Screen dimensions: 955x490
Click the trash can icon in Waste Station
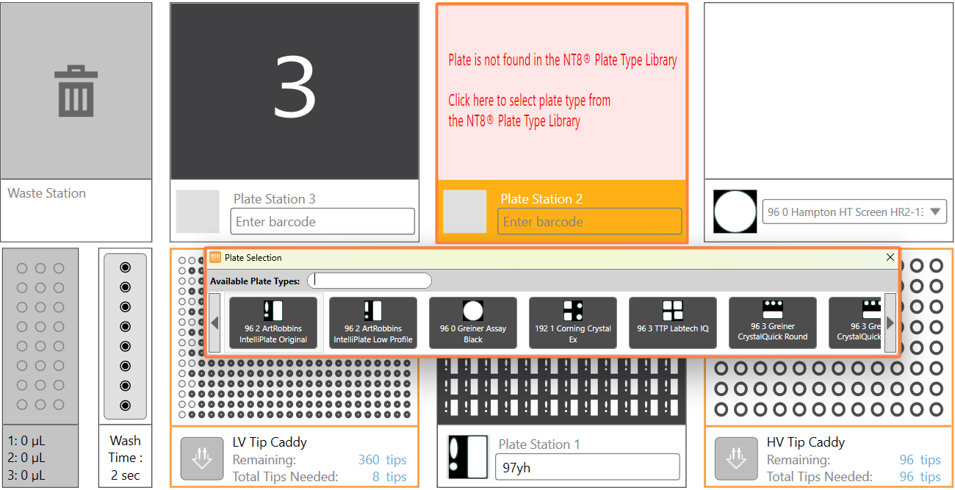pyautogui.click(x=76, y=91)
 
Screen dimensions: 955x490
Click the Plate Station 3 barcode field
pyautogui.click(x=322, y=221)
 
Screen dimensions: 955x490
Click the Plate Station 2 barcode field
pyautogui.click(x=589, y=221)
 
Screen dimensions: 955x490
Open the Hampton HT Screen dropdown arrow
pyautogui.click(x=935, y=212)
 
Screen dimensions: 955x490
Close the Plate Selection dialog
pyautogui.click(x=890, y=257)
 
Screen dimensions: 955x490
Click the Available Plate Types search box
pyautogui.click(x=370, y=281)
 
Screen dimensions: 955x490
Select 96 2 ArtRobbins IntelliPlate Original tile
pyautogui.click(x=273, y=323)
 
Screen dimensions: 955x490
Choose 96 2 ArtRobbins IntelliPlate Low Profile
pyautogui.click(x=373, y=323)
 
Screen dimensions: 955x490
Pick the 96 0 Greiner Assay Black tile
pyautogui.click(x=473, y=323)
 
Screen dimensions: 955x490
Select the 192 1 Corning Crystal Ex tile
pyautogui.click(x=573, y=323)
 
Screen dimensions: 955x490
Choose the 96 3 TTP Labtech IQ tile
pyautogui.click(x=673, y=323)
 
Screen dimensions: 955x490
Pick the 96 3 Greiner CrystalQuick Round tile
pyautogui.click(x=773, y=323)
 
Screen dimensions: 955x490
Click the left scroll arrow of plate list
pyautogui.click(x=215, y=323)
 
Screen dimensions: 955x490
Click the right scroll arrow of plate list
pyautogui.click(x=890, y=323)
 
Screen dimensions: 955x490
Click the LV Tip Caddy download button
pyautogui.click(x=202, y=458)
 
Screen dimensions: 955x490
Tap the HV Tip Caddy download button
pyautogui.click(x=736, y=458)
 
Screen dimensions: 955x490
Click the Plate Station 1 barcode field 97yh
pyautogui.click(x=587, y=467)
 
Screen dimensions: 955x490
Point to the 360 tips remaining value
pyautogui.click(x=382, y=460)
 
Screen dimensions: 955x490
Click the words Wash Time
pyautogui.click(x=126, y=449)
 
